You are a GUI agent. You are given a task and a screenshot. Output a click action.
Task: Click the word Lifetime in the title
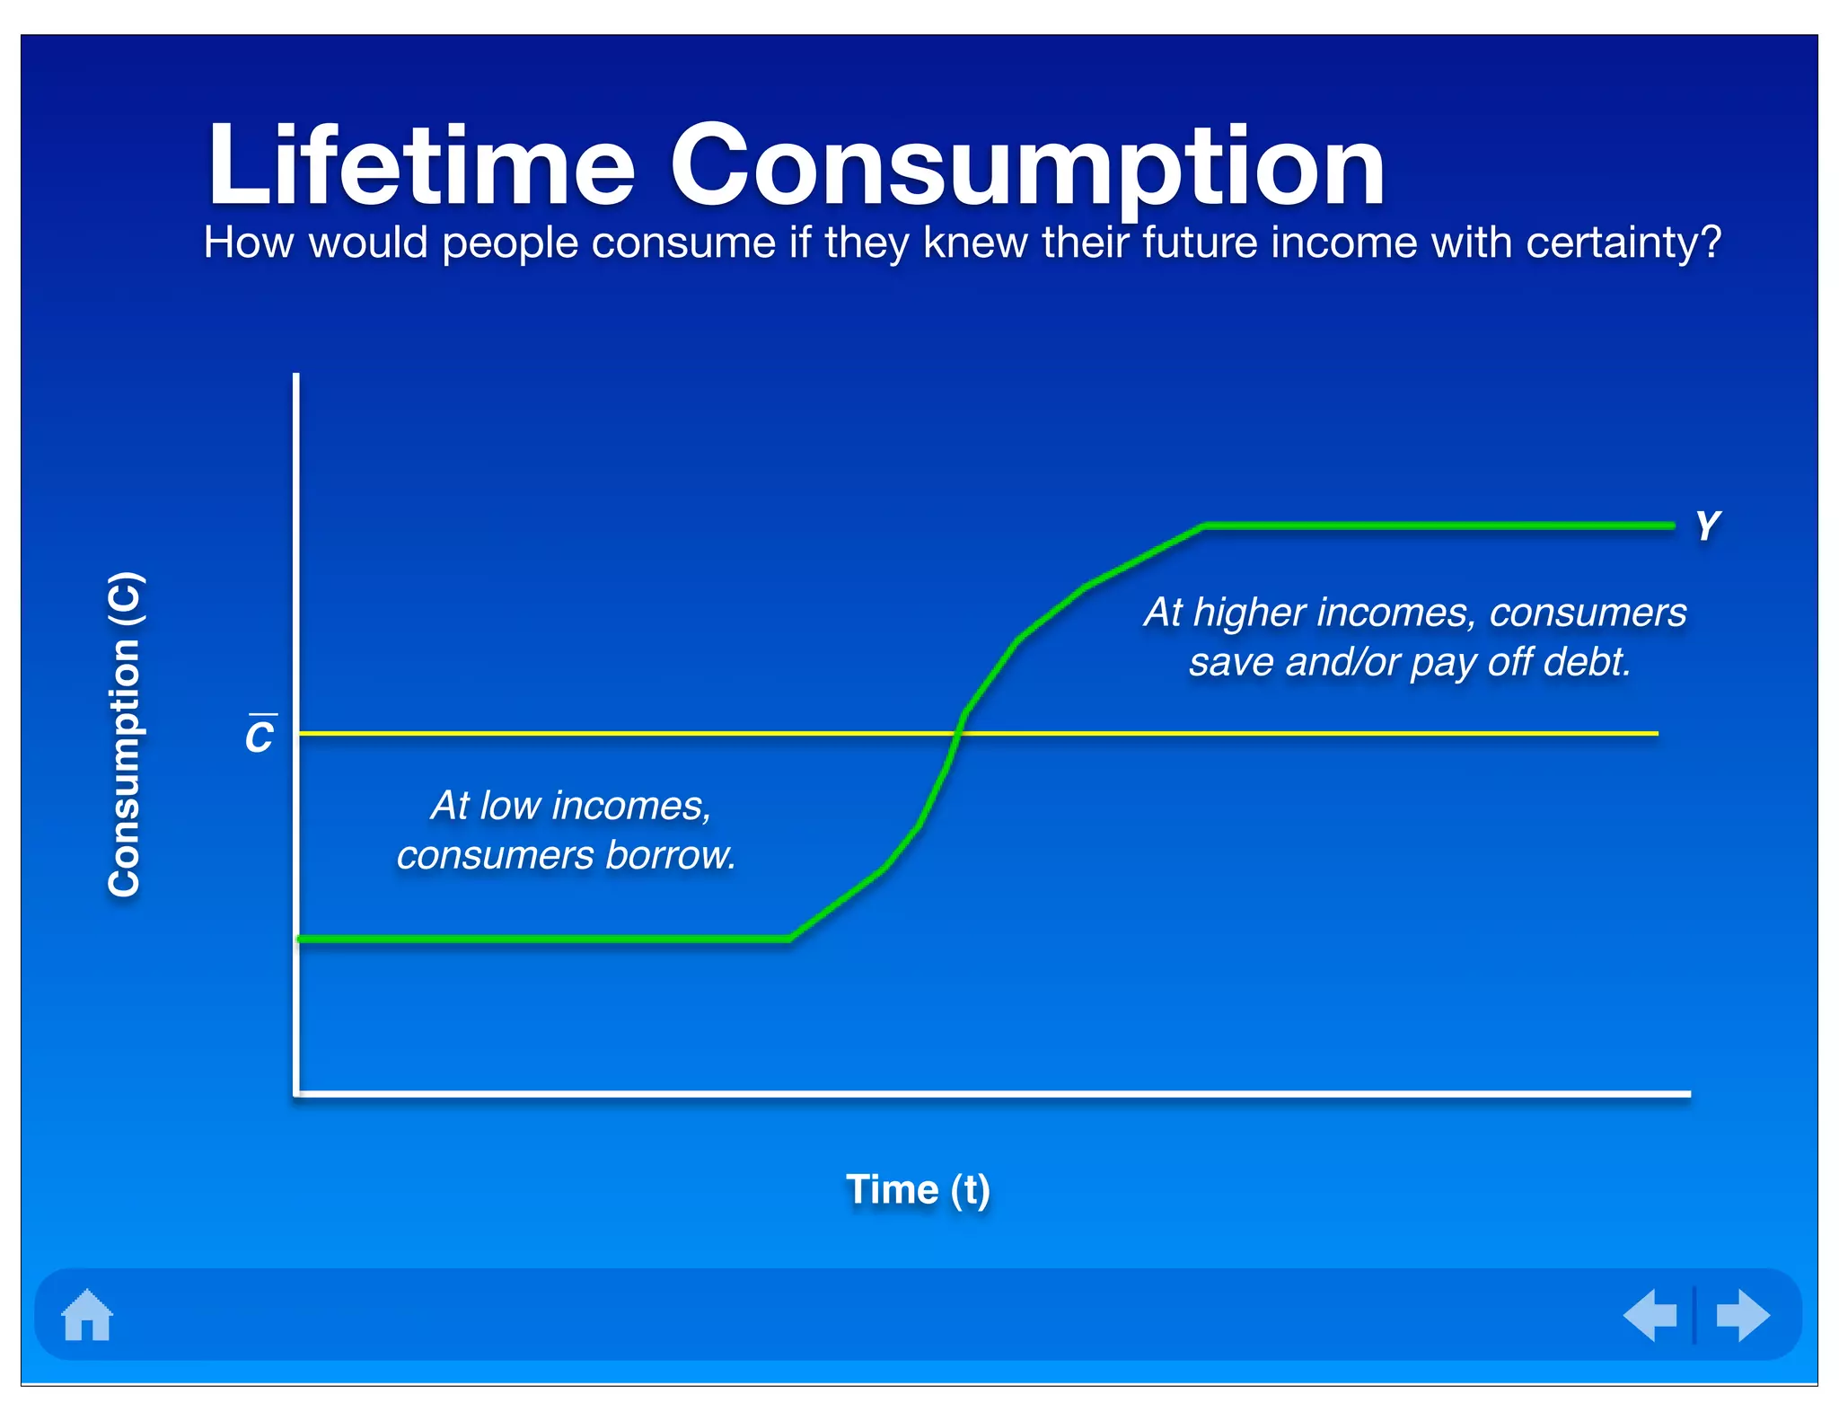point(421,166)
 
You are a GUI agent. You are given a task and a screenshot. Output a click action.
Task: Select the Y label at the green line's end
point(1707,525)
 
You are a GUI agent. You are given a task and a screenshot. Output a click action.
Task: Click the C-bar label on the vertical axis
point(260,736)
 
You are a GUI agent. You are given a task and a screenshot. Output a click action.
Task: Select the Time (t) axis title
point(918,1190)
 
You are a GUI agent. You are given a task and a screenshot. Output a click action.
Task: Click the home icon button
point(87,1315)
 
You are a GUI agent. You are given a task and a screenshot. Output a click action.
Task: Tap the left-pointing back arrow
point(1650,1315)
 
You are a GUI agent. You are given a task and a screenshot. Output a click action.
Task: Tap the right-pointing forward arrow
point(1742,1315)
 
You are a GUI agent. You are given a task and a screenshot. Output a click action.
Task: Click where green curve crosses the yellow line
point(955,733)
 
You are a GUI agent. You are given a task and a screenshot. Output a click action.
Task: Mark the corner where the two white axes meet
point(296,1093)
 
